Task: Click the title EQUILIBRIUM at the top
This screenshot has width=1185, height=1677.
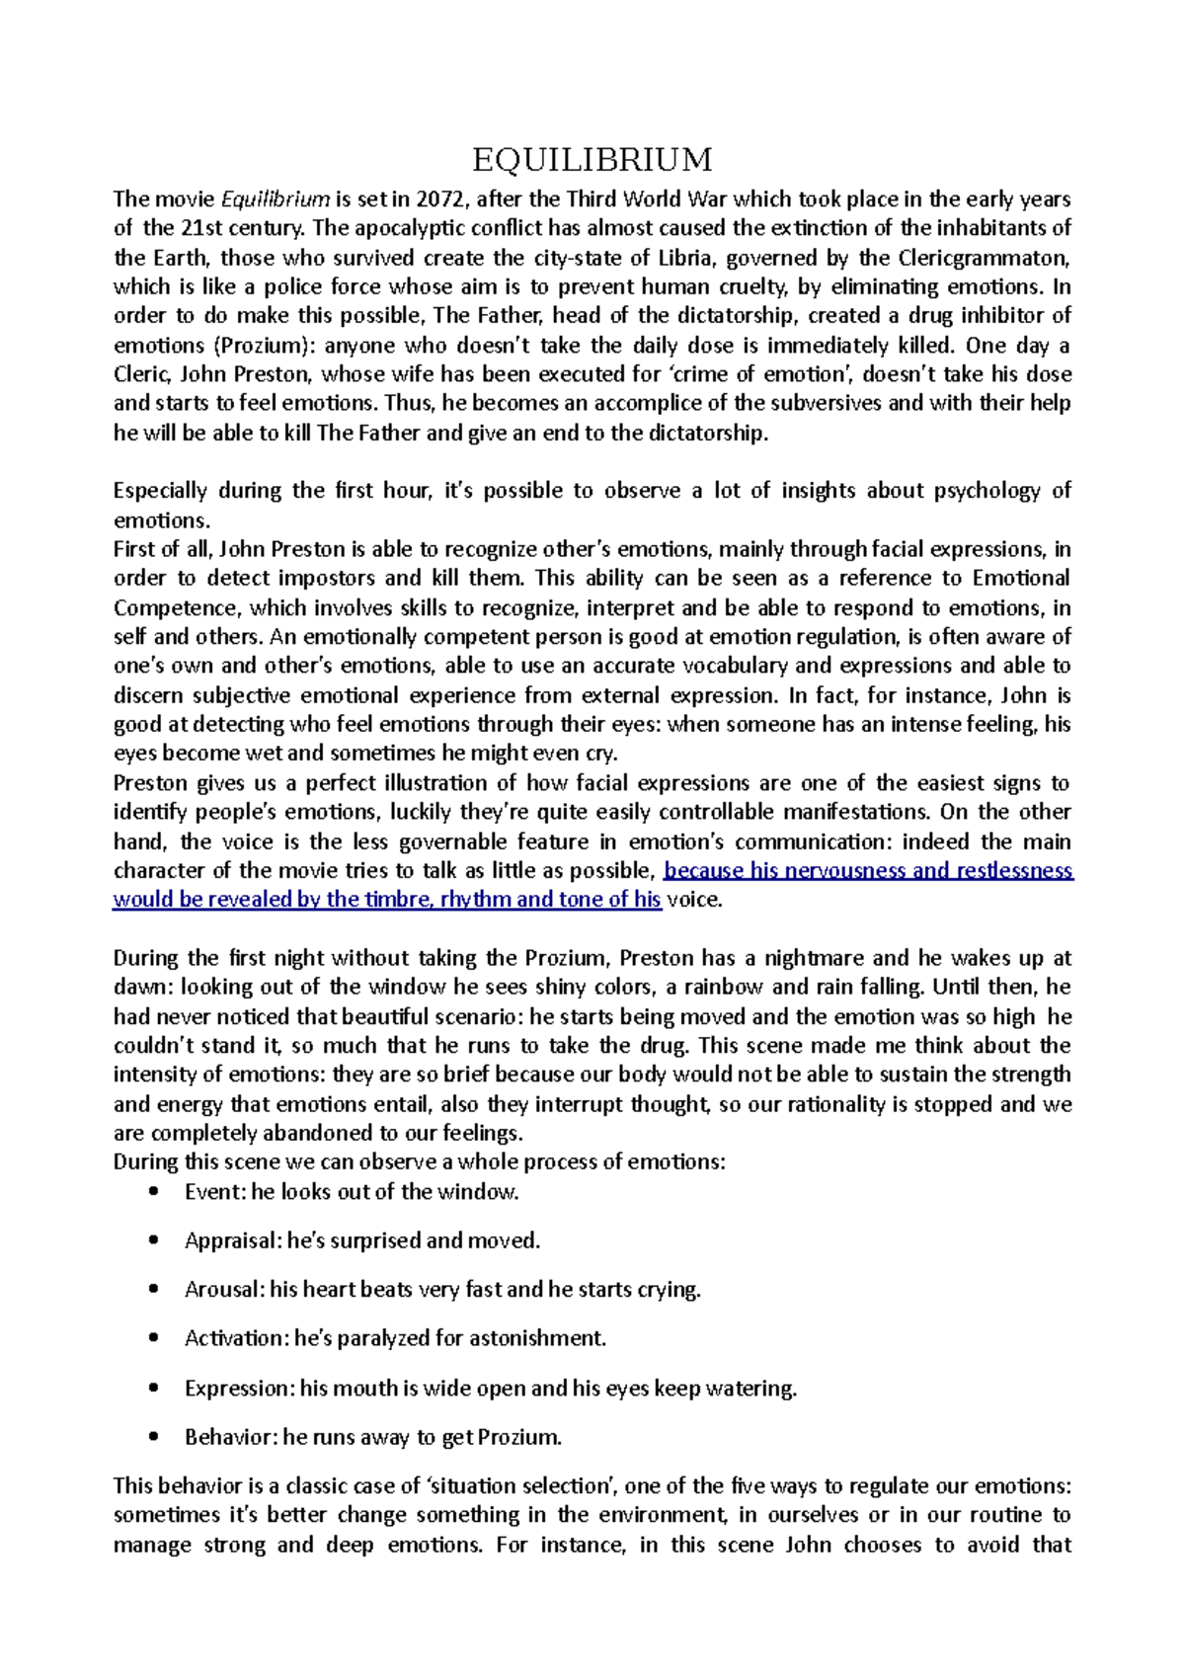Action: (592, 159)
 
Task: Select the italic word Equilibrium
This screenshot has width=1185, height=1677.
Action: (276, 200)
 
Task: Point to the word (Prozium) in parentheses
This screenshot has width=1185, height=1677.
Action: (264, 346)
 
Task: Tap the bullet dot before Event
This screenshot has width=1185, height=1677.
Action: (152, 1192)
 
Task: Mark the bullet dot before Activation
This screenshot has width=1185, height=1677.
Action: (152, 1338)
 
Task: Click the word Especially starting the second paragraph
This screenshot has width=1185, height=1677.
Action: (160, 491)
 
